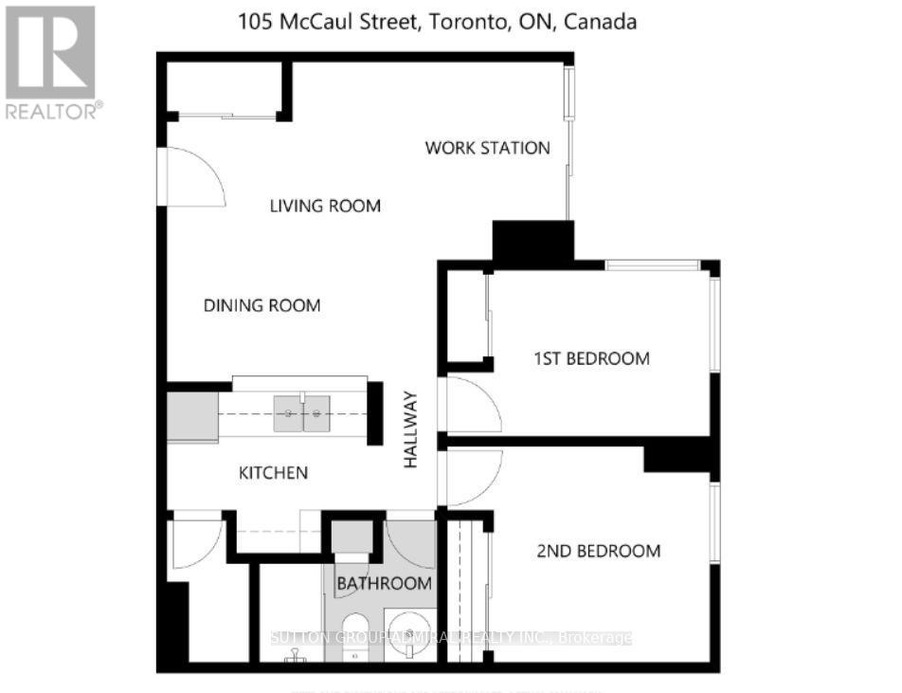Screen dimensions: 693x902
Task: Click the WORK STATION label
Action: (487, 148)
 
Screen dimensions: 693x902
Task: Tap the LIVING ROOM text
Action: (325, 206)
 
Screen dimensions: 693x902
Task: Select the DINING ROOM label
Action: (262, 305)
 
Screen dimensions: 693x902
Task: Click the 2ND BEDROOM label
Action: (598, 551)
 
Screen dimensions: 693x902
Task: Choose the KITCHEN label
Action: (273, 472)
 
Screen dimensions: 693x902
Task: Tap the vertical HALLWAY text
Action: (411, 431)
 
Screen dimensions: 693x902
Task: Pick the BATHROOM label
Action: (386, 584)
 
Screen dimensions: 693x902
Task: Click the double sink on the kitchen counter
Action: (302, 413)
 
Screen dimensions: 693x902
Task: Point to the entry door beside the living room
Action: (195, 177)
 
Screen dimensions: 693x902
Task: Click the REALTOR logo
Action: (51, 63)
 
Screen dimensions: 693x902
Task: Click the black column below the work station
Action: (532, 241)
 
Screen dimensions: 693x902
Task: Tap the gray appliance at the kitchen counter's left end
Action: (192, 416)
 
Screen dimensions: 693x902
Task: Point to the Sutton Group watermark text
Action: (451, 638)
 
